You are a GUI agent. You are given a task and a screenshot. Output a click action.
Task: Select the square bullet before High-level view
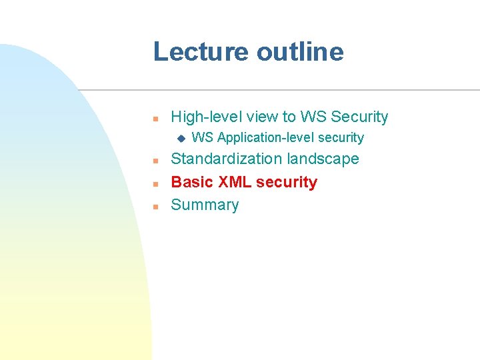[x=154, y=118]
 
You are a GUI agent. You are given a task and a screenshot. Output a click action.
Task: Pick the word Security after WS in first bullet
[x=359, y=117]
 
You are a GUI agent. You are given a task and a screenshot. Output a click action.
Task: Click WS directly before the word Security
[x=313, y=117]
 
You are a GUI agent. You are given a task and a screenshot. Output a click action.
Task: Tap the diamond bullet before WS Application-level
[x=179, y=138]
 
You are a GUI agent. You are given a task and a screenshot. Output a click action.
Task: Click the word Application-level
[x=266, y=138]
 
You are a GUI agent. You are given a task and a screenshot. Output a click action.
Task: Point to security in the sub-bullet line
[x=341, y=138]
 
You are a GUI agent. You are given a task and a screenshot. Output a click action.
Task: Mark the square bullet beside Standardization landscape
[x=154, y=160]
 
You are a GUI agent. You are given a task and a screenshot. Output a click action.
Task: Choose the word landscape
[x=323, y=159]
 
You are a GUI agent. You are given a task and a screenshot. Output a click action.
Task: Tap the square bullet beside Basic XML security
[x=154, y=183]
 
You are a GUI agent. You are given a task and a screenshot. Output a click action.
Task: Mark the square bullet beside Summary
[x=154, y=206]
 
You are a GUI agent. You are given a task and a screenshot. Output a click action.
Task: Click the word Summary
[x=205, y=205]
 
